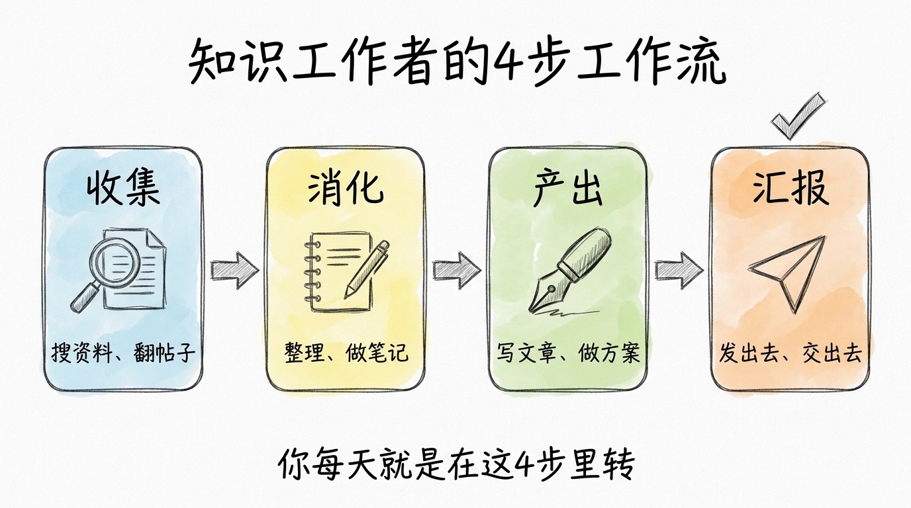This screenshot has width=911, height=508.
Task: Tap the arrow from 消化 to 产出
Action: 456,269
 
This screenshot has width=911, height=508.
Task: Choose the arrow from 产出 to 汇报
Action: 679,269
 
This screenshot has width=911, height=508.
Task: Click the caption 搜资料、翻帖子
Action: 123,353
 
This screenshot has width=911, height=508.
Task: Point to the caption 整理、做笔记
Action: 346,353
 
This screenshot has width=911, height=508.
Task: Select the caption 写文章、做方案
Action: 568,353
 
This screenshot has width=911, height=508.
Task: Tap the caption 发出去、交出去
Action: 791,353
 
